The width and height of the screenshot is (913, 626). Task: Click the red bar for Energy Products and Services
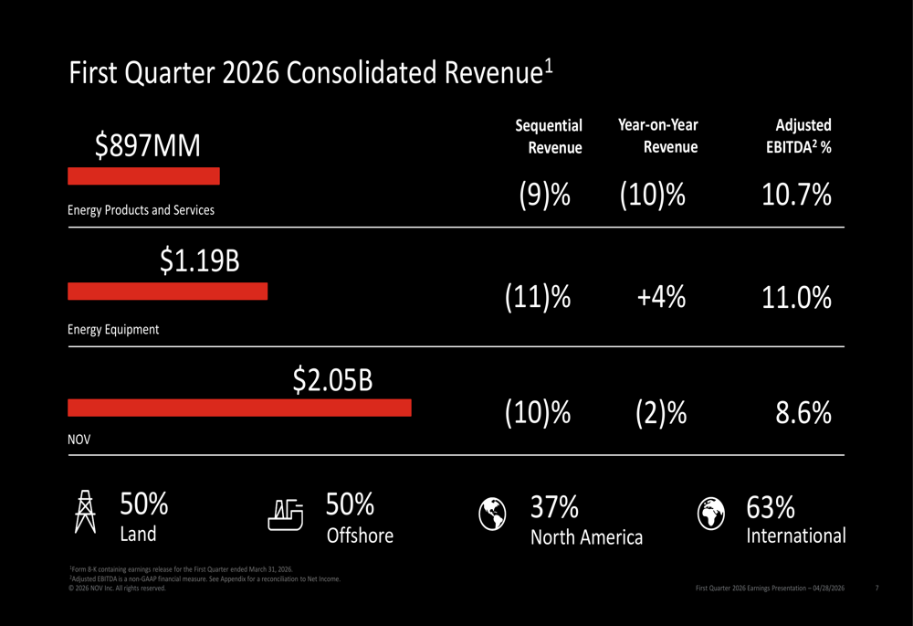coord(143,175)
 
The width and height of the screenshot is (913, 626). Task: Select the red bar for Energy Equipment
coord(168,292)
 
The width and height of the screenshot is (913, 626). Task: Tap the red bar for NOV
coord(239,408)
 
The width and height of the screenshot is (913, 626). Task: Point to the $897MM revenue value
coord(148,144)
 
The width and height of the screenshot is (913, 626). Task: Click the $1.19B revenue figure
coord(200,261)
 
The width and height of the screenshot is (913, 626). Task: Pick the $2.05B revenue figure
coord(332,379)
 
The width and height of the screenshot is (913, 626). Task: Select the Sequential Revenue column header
coord(549,136)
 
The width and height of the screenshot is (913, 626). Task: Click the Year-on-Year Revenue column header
coord(658,135)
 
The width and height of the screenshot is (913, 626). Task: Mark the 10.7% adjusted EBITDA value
coord(796,195)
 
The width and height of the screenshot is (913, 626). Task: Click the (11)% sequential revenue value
coord(537,298)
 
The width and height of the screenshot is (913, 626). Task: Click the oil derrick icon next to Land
coord(85,512)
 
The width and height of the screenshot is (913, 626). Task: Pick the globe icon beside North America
coord(493,514)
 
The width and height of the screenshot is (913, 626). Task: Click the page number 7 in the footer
coord(876,588)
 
